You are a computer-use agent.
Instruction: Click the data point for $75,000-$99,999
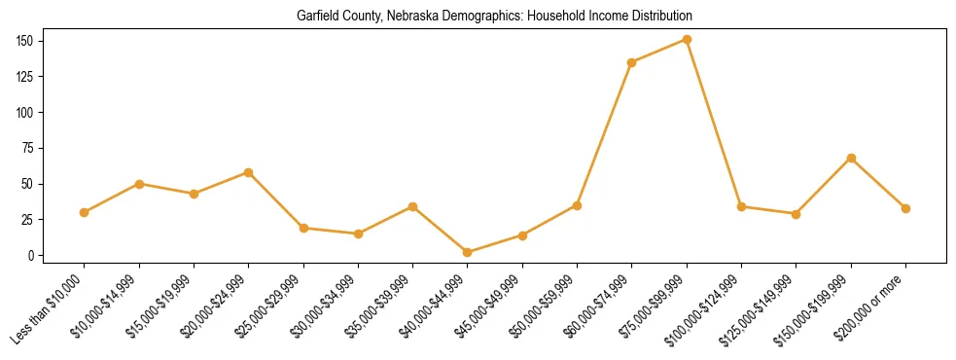(687, 39)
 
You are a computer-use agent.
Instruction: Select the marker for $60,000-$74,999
(632, 62)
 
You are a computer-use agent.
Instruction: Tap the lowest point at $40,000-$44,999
(468, 252)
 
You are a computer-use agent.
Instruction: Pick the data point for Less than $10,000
(85, 212)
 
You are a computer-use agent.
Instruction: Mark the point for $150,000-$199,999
(851, 158)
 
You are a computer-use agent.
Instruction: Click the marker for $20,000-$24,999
(249, 172)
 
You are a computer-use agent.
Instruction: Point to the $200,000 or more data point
(905, 208)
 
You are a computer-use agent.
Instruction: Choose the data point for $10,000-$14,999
(139, 184)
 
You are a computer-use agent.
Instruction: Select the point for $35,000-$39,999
(413, 206)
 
